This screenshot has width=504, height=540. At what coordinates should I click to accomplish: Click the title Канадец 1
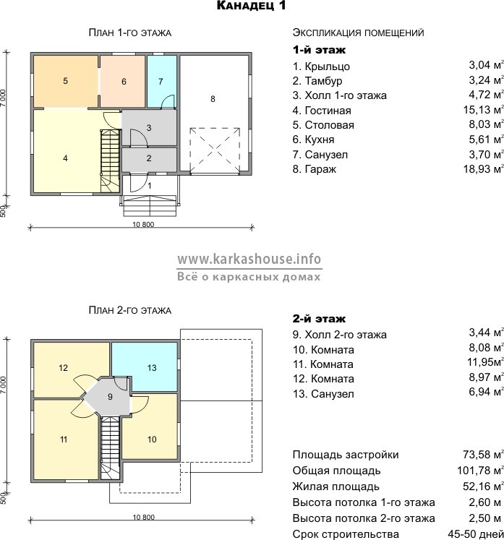251,6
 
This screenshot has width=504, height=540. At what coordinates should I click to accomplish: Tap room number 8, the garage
213,113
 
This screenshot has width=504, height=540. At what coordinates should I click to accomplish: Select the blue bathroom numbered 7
161,82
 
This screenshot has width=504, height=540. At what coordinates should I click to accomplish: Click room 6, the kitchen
123,82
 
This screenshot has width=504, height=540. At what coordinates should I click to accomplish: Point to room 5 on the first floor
66,82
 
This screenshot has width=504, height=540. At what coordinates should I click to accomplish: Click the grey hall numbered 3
149,128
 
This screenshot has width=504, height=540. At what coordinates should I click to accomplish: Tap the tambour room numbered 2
149,158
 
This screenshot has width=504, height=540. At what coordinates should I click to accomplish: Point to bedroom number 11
64,439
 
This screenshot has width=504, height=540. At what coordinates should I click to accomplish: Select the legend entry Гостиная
328,111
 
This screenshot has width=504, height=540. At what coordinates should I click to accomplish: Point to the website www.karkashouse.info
249,259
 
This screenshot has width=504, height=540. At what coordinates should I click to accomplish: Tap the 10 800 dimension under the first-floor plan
143,224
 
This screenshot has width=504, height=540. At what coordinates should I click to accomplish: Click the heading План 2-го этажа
130,310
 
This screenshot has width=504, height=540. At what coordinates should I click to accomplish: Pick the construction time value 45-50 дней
475,533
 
